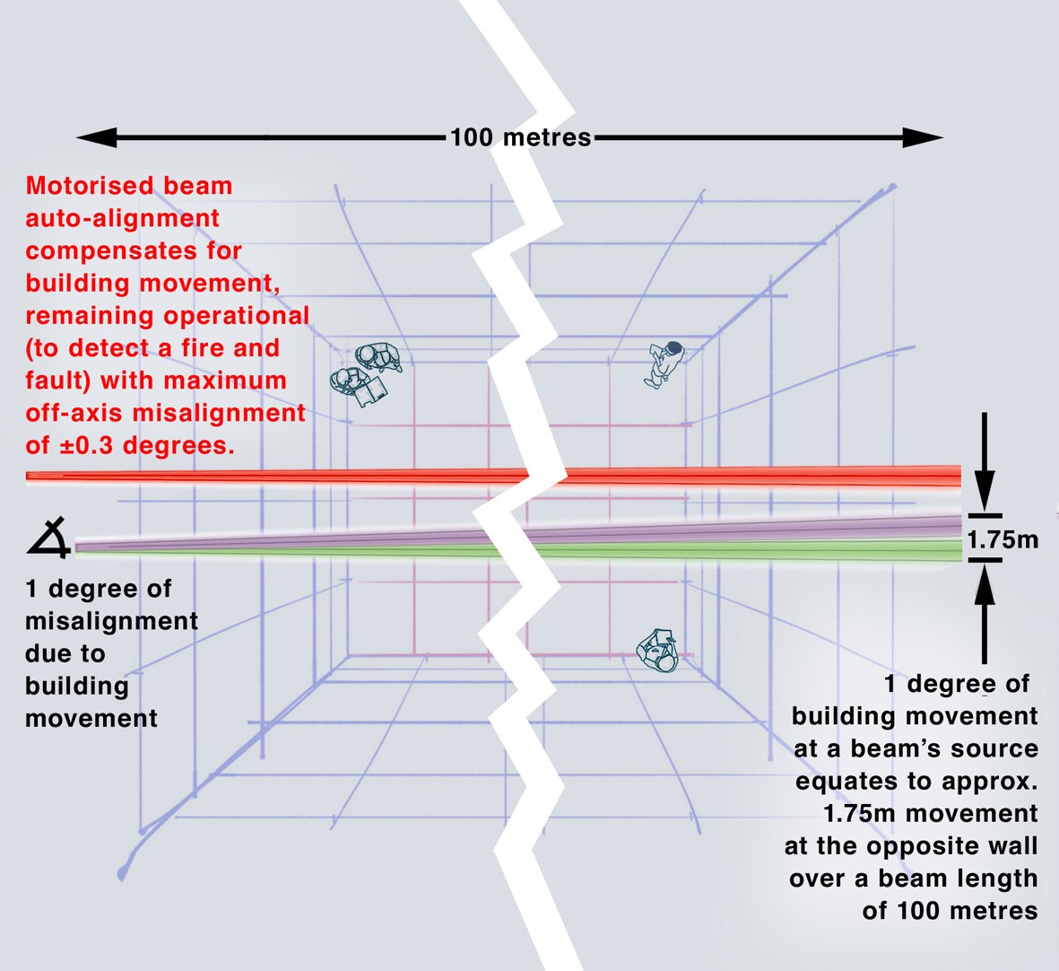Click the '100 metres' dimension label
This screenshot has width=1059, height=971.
pos(521,137)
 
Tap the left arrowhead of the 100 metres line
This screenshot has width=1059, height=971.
pos(97,137)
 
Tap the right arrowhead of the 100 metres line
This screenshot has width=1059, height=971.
pos(923,137)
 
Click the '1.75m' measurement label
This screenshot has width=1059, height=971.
pos(1003,540)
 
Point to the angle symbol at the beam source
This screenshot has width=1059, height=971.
pos(48,538)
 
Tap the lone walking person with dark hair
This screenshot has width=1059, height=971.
pos(664,364)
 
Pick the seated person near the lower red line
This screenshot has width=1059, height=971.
pos(657,650)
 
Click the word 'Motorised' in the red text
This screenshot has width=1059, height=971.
pos(83,186)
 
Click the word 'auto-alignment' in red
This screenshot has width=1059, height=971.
pos(122,218)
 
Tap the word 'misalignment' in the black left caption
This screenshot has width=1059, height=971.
pos(111,622)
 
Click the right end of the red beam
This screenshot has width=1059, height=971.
pos(959,477)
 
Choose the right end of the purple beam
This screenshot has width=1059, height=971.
pos(959,527)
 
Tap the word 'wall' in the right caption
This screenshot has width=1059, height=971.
pos(1010,846)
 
